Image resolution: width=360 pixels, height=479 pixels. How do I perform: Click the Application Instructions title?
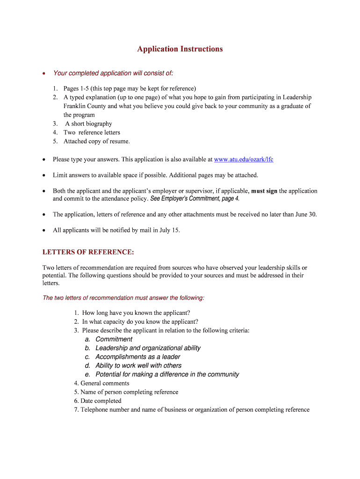(x=180, y=49)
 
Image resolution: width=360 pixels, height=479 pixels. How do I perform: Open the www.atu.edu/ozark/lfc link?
(x=244, y=160)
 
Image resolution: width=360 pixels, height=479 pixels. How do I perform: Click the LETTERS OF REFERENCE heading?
(x=88, y=252)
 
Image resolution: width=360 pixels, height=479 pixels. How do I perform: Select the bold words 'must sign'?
(x=264, y=191)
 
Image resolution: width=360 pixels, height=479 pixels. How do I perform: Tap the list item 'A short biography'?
(x=88, y=124)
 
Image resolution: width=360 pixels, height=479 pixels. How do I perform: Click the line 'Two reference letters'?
(x=92, y=133)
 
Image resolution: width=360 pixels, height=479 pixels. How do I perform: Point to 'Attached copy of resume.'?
(x=97, y=141)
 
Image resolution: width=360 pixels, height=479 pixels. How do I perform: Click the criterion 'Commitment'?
(x=114, y=339)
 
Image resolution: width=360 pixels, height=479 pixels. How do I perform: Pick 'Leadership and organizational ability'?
(x=148, y=348)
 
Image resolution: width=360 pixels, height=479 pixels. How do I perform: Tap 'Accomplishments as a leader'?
(x=137, y=357)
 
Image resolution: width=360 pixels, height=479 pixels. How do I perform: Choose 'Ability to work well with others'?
(x=138, y=366)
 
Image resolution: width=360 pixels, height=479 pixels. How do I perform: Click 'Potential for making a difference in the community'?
(x=167, y=375)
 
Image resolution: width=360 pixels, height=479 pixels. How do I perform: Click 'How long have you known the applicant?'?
(x=136, y=313)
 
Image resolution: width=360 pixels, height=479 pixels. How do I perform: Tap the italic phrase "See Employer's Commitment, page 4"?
(x=194, y=199)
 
